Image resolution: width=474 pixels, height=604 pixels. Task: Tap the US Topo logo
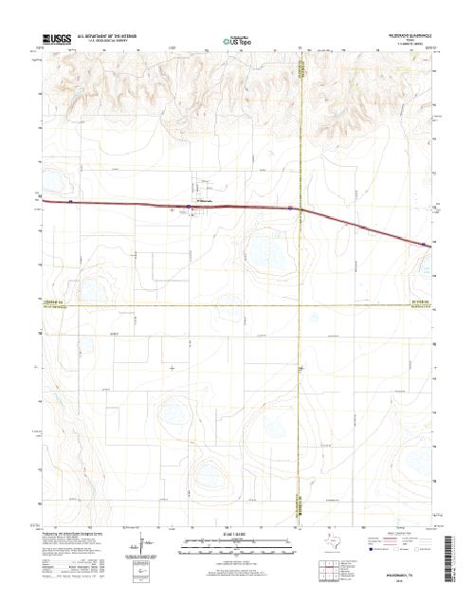[237, 42]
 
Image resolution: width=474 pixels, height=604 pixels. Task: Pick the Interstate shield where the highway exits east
[423, 245]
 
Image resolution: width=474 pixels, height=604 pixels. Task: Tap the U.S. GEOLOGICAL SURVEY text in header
[115, 41]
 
